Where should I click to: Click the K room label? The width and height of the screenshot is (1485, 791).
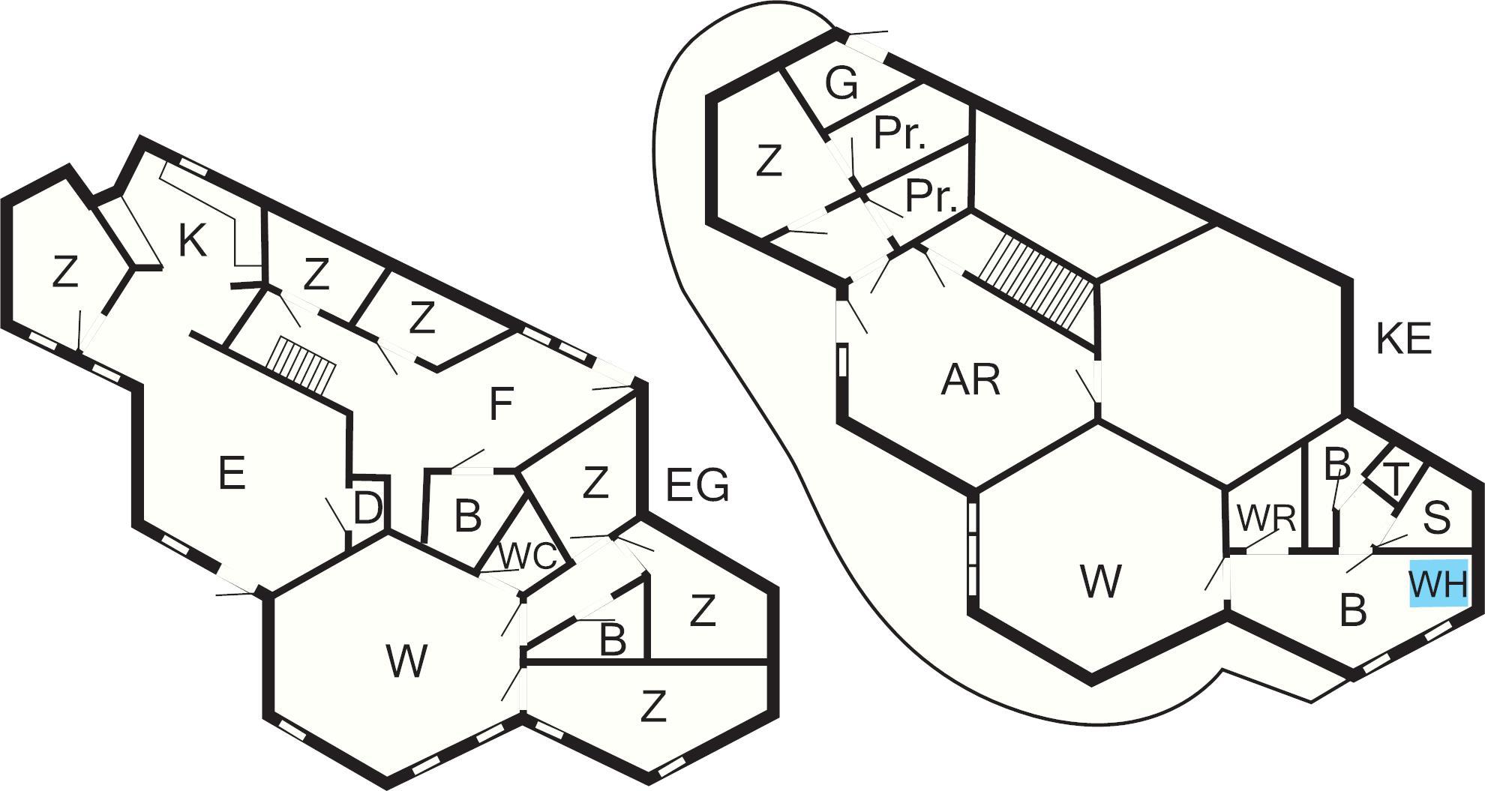(192, 241)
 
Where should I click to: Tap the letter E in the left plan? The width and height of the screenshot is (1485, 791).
(232, 473)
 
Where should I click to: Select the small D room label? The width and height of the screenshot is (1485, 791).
(367, 510)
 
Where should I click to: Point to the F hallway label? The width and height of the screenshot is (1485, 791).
(500, 405)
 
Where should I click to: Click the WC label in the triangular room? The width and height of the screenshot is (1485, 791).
(528, 556)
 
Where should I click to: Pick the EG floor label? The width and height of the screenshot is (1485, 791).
(697, 486)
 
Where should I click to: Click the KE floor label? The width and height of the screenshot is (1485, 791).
(1404, 339)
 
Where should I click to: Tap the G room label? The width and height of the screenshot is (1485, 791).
(841, 84)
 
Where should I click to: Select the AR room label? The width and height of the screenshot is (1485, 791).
(970, 381)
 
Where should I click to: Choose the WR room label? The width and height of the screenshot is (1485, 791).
(1266, 519)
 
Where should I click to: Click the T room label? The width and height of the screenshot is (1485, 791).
(1395, 481)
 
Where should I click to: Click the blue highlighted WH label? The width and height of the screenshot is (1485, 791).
(1438, 583)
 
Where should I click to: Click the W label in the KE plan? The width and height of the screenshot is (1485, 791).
(1101, 581)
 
